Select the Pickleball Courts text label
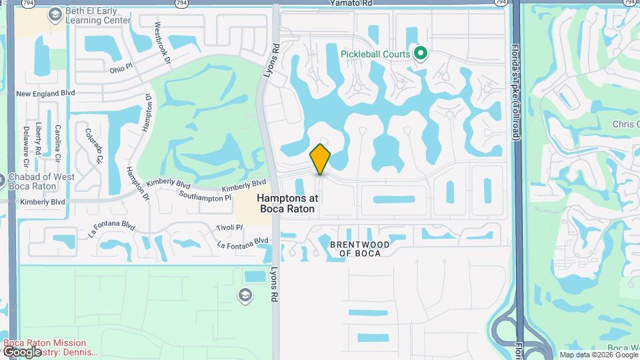point(375,53)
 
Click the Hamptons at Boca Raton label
point(287,203)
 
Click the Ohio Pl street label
point(122,69)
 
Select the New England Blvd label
point(45,94)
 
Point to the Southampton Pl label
point(205,197)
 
